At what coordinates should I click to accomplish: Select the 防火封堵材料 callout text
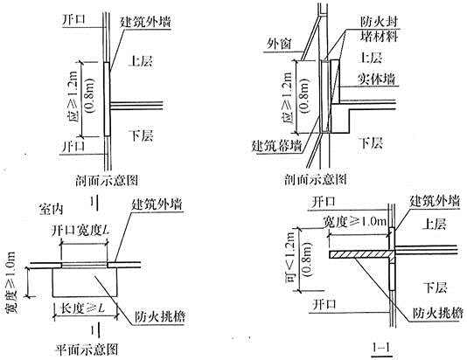pos(380,29)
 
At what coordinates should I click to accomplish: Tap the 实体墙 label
pos(376,79)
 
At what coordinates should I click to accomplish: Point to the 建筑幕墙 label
pos(277,146)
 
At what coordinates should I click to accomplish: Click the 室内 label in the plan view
pos(52,209)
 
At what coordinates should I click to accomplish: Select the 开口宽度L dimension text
pos(80,231)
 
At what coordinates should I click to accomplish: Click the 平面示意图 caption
pos(87,350)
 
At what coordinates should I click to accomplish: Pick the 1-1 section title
pos(381,347)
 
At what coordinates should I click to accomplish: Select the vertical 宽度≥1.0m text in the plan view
pos(11,282)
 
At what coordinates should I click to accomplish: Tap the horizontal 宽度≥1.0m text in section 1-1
pos(355,222)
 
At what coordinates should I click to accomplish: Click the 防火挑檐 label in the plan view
pos(160,316)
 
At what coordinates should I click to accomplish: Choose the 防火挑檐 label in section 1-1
pos(438,313)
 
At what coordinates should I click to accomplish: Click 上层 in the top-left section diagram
pos(140,61)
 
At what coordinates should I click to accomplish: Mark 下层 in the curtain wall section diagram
pos(372,142)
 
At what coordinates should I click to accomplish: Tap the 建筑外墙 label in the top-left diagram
pos(145,22)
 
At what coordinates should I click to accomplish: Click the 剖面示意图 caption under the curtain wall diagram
pos(316,179)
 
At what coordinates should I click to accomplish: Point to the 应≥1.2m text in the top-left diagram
pos(73,97)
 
